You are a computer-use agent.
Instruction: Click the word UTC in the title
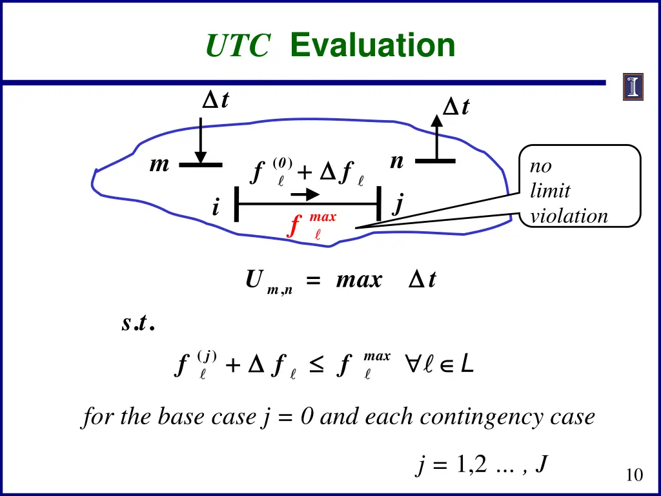(x=238, y=46)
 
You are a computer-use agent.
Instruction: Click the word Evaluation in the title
(x=372, y=46)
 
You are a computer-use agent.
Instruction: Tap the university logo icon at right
(x=633, y=87)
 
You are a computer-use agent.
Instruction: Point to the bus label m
(x=159, y=165)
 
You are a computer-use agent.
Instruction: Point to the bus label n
(x=397, y=161)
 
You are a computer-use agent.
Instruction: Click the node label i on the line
(x=215, y=208)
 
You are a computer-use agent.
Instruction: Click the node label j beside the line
(x=398, y=205)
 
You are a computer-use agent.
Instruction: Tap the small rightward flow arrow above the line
(x=304, y=194)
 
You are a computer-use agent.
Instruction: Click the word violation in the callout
(x=569, y=216)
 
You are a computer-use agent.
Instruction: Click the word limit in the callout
(x=549, y=191)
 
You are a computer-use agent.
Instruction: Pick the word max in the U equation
(x=359, y=280)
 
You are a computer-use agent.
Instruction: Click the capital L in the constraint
(x=468, y=366)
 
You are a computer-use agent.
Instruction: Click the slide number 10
(x=634, y=475)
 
